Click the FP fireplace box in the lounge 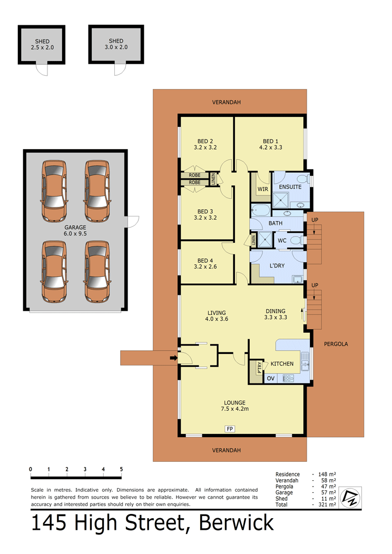230,429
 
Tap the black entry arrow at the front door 173,358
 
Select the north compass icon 350,498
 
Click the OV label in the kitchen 271,379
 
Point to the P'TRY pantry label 259,368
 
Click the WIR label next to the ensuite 262,189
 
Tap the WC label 282,241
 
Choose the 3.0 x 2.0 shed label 116,44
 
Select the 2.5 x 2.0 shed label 42,44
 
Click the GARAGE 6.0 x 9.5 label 75,230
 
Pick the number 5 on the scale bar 121,469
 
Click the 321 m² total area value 327,504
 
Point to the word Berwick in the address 236,522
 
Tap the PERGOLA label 336,344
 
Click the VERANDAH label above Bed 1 226,102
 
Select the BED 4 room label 205,264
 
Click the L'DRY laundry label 277,266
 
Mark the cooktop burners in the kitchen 288,379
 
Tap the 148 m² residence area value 327,474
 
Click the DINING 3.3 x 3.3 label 276,314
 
